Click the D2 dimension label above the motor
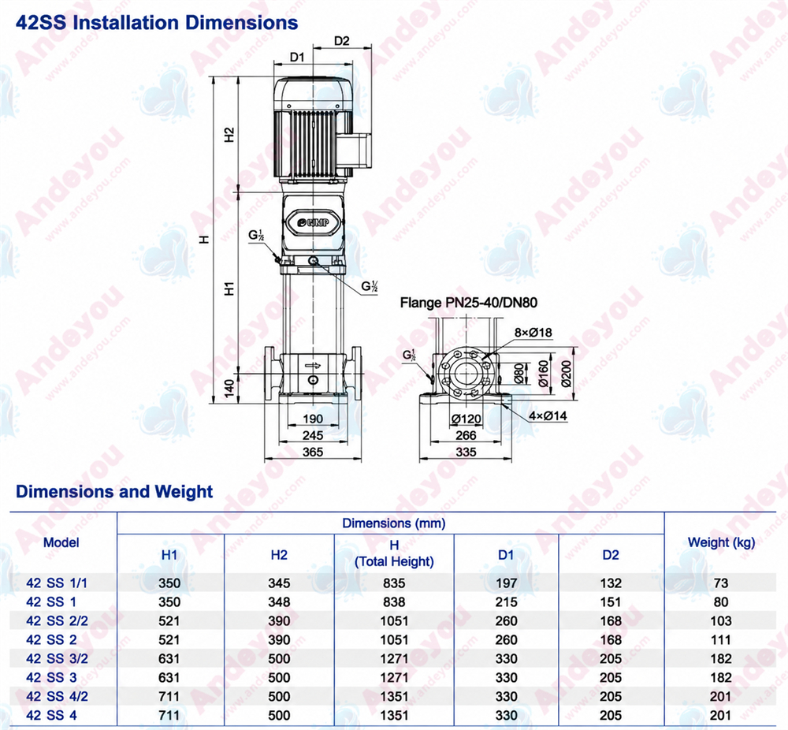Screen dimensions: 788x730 point(342,41)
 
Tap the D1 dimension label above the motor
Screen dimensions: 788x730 point(297,58)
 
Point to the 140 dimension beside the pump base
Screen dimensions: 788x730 point(229,388)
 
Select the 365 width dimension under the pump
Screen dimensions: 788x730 point(313,452)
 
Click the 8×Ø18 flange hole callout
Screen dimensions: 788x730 point(533,333)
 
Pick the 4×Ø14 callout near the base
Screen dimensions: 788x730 point(548,415)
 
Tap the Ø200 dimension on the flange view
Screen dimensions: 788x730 point(567,373)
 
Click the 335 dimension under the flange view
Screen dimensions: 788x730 point(466,452)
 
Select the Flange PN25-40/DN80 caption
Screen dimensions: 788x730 point(468,303)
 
